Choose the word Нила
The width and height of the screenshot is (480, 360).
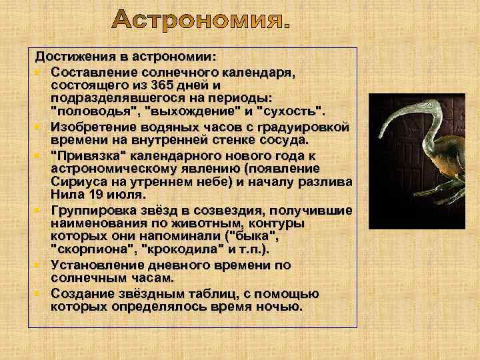pyautogui.click(x=63, y=194)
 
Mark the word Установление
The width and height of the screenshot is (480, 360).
pyautogui.click(x=96, y=265)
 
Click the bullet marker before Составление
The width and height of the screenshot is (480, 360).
pyautogui.click(x=40, y=70)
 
